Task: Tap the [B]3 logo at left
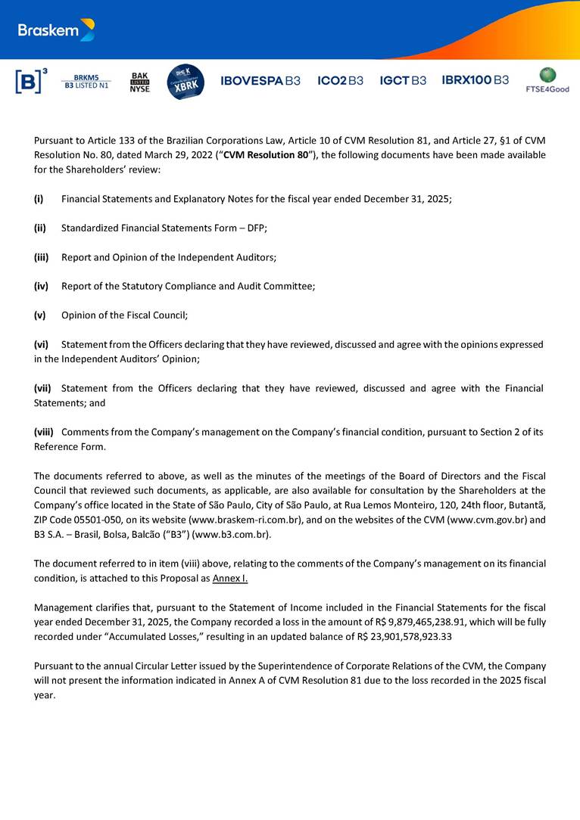point(31,81)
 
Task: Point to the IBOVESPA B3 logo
point(260,81)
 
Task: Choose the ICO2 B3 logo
point(340,81)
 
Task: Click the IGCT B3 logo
point(403,81)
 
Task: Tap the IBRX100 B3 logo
point(475,80)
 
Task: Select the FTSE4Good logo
point(547,80)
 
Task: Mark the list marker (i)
point(38,199)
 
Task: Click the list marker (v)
point(39,315)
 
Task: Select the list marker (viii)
point(44,432)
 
